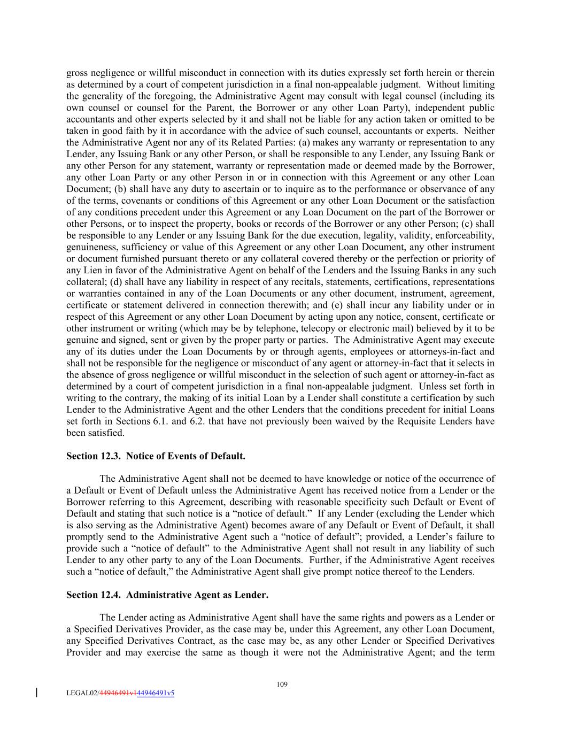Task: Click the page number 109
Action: tap(282, 684)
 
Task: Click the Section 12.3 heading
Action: tap(156, 456)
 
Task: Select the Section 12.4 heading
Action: tap(167, 595)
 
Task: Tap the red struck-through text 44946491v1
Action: tap(118, 693)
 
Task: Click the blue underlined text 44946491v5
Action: tap(156, 693)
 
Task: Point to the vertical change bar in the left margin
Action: tap(36, 693)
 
